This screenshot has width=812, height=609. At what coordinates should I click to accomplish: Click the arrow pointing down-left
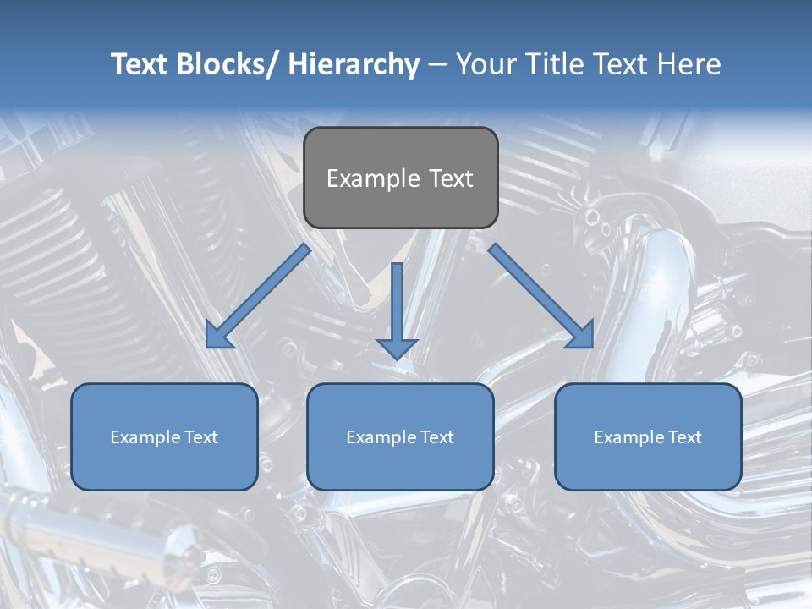tap(258, 296)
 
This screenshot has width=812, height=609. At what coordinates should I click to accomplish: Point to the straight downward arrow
tap(397, 309)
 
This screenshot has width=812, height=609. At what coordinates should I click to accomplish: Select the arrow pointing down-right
tap(541, 296)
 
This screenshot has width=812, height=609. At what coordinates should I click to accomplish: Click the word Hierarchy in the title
tap(354, 64)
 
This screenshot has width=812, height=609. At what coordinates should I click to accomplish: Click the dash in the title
tap(437, 66)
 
